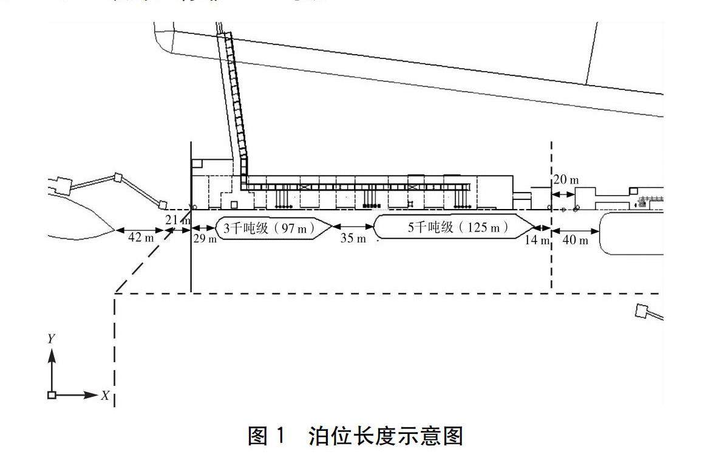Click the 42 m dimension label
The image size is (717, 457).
[x=141, y=238]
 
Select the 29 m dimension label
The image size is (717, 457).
[x=205, y=239]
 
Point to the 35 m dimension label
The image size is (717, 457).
[x=353, y=238]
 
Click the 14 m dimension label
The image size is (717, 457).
[x=537, y=239]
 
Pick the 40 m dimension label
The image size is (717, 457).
[x=575, y=240]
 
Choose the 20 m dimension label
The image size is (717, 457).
[x=566, y=180]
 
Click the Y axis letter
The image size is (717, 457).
[x=52, y=338]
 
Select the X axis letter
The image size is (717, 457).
[x=105, y=396]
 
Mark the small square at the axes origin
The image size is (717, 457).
[x=52, y=395]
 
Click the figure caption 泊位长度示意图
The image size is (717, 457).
[x=386, y=436]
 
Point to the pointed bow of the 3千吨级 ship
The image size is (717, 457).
[x=330, y=229]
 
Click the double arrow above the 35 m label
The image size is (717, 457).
[x=354, y=228]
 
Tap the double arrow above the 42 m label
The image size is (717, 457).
[x=140, y=230]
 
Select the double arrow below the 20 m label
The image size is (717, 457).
[x=563, y=194]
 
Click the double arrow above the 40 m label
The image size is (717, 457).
[x=575, y=230]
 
